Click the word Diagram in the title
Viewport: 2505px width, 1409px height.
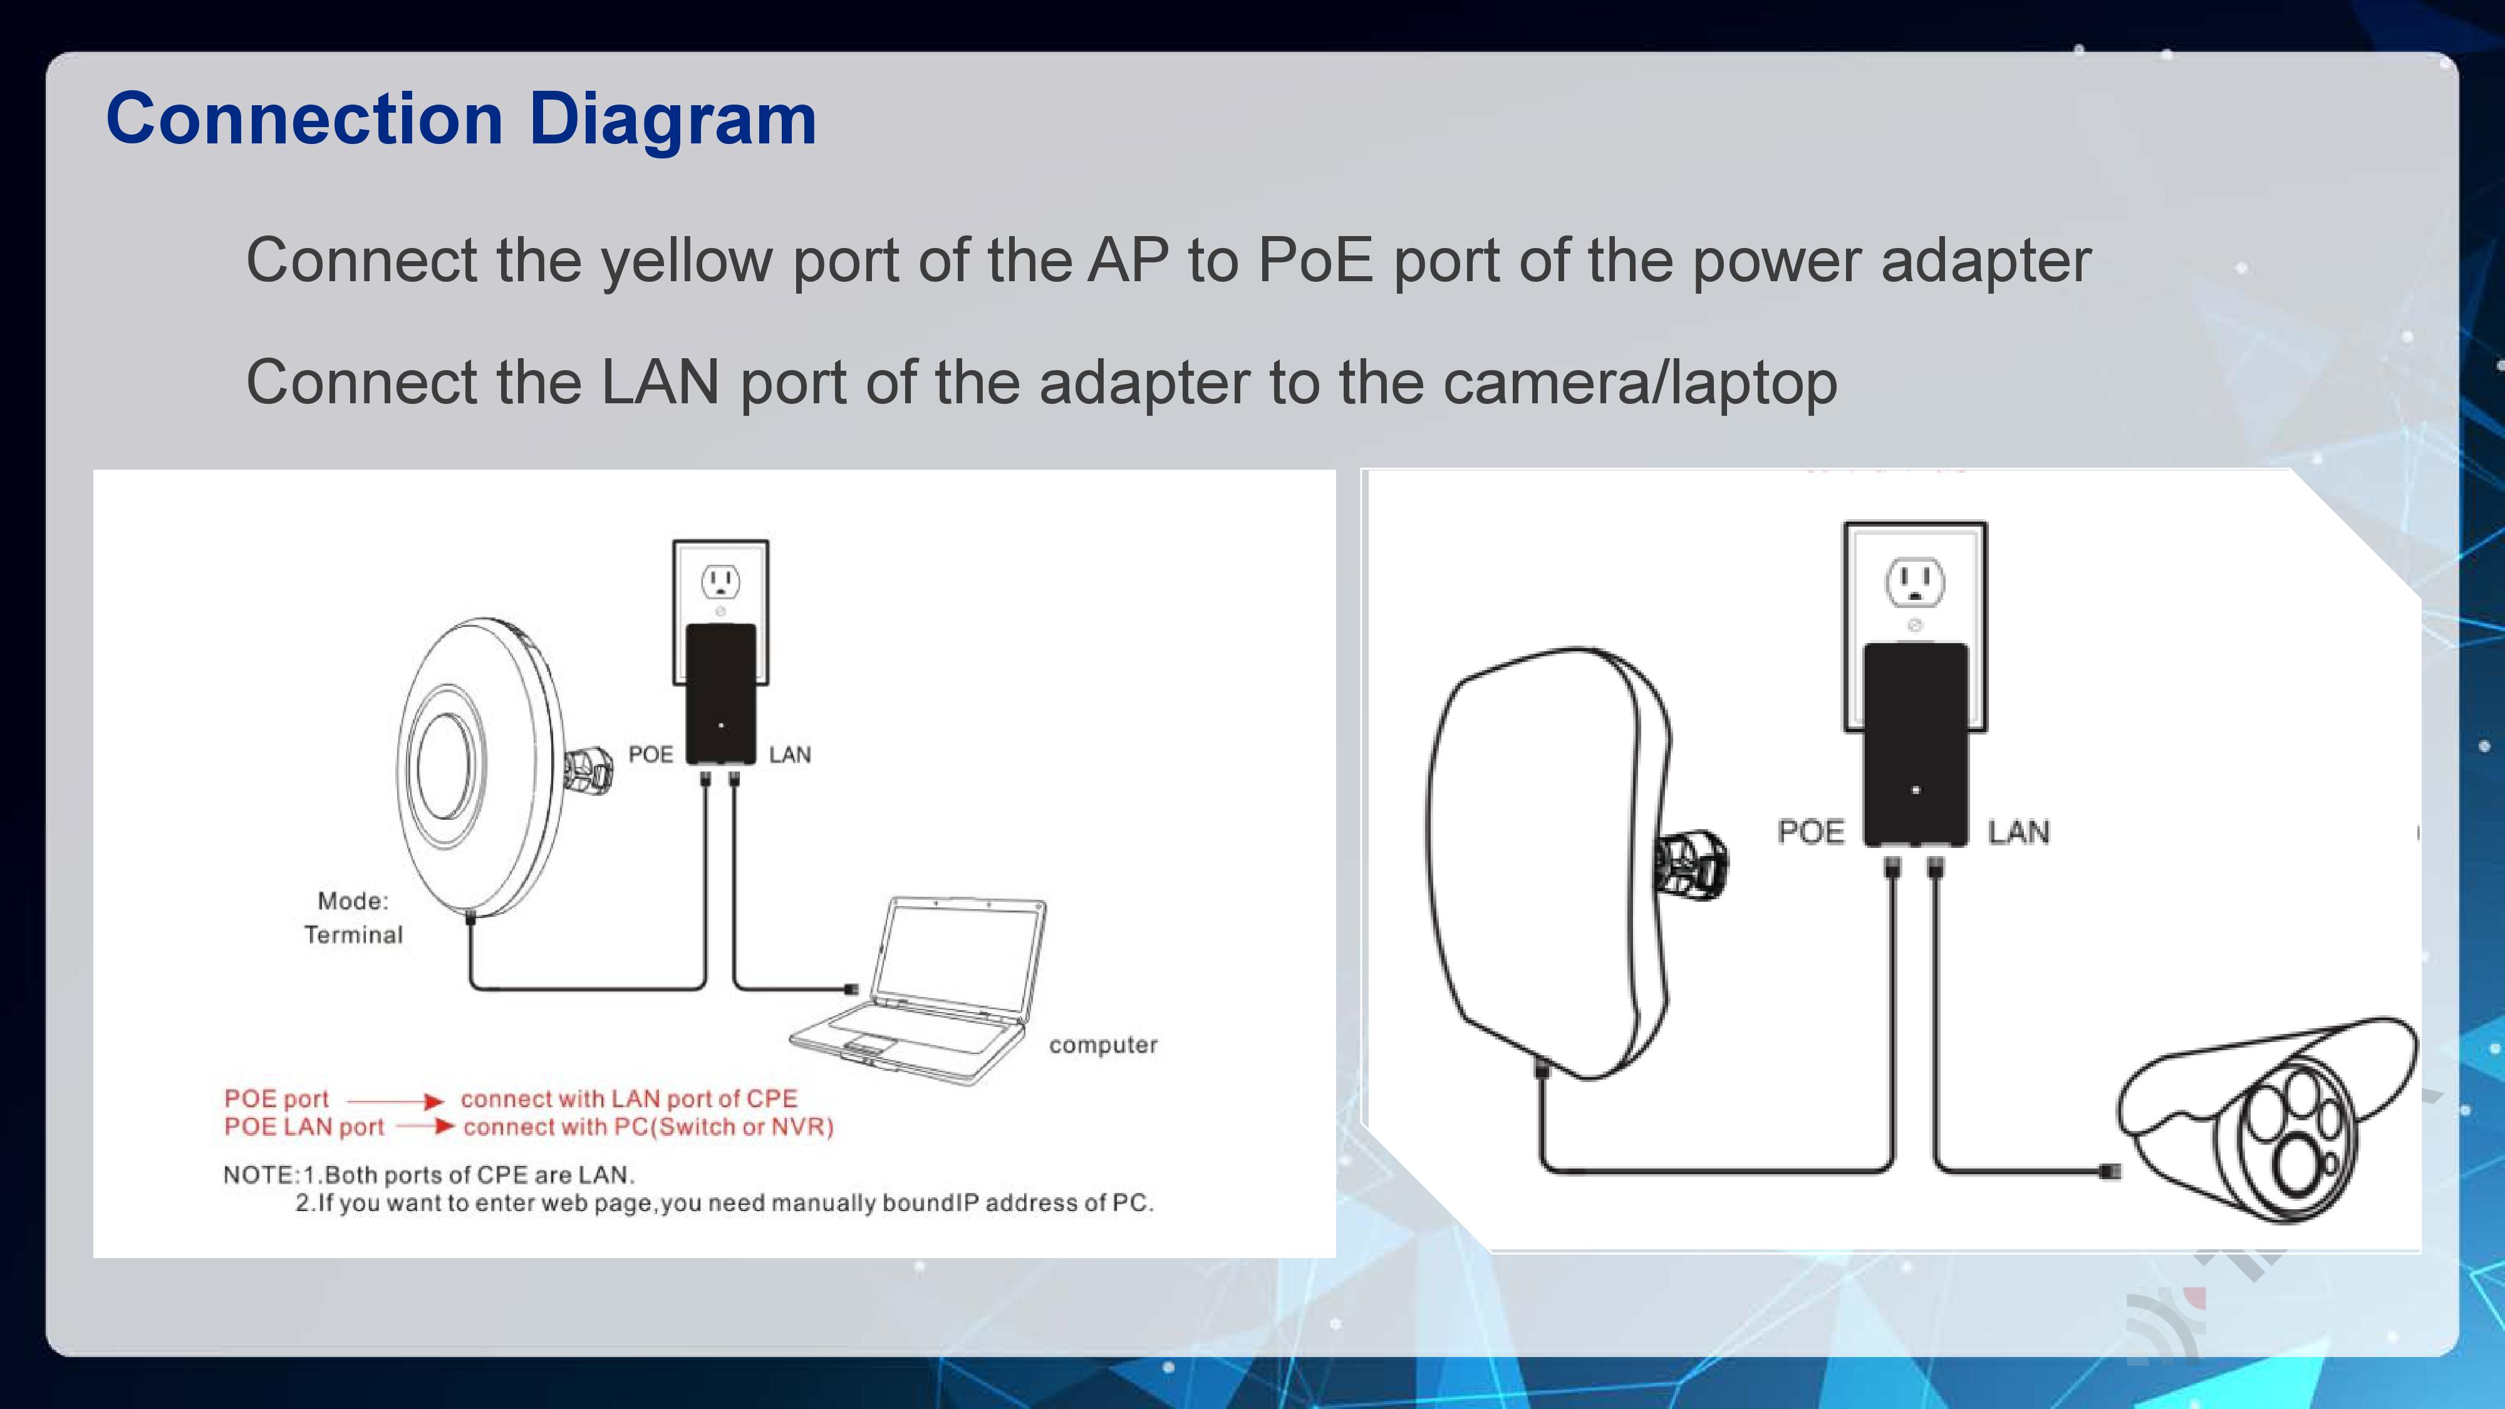(x=672, y=120)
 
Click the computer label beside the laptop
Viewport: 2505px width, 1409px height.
(x=1102, y=1045)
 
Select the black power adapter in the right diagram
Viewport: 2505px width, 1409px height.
(x=1916, y=744)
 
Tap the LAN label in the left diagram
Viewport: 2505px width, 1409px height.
(x=790, y=755)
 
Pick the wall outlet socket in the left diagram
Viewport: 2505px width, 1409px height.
(x=720, y=582)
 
